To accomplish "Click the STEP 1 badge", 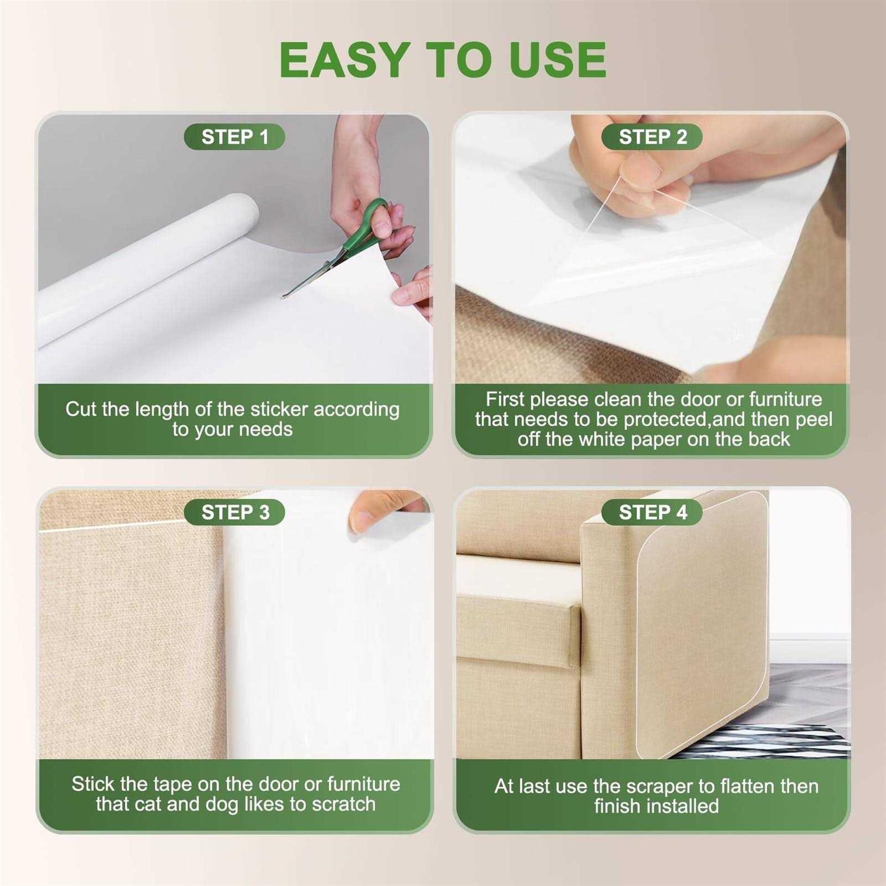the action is point(234,137).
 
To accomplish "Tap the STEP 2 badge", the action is point(652,137).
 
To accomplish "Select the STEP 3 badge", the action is point(234,512).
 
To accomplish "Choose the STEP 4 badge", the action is point(652,512).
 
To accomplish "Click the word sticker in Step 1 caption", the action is point(279,409).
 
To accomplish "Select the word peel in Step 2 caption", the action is point(815,419).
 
